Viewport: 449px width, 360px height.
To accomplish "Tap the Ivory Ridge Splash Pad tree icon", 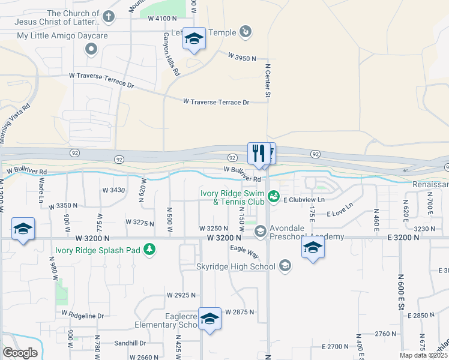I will pos(149,250).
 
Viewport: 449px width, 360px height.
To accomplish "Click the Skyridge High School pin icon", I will pos(285,265).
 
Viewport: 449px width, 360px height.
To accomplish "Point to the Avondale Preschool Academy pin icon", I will pos(261,231).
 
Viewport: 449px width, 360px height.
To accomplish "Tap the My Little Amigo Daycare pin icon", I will pos(91,49).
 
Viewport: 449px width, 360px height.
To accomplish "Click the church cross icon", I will pos(108,17).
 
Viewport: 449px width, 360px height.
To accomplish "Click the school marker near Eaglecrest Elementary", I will pos(209,319).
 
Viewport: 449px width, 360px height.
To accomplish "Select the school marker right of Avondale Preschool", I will pos(313,247).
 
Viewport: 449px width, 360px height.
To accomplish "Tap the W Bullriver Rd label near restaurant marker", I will pos(243,174).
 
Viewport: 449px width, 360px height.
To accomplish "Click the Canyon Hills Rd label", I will pos(172,54).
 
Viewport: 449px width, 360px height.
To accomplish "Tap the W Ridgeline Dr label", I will pos(82,314).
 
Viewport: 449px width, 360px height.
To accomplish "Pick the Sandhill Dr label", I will pos(130,343).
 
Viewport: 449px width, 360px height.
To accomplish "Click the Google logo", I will pos(20,352).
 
